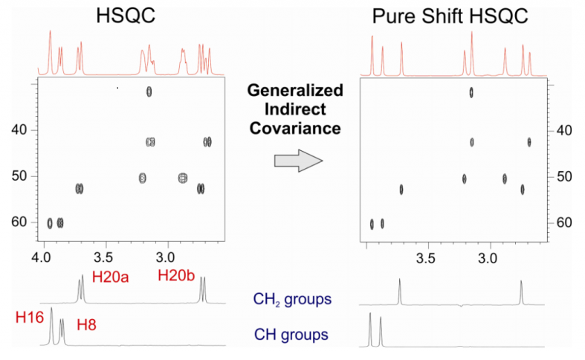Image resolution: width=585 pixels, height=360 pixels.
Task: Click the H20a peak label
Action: [111, 277]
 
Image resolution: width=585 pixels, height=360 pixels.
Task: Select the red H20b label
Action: [176, 275]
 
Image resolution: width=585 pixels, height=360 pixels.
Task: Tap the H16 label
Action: [30, 318]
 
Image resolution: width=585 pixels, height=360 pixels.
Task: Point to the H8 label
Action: [86, 325]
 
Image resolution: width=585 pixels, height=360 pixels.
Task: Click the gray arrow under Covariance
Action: [299, 161]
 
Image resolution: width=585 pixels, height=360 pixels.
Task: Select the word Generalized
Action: [295, 91]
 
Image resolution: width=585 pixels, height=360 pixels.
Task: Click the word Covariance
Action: [295, 129]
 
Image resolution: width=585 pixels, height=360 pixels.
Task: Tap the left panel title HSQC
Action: [126, 16]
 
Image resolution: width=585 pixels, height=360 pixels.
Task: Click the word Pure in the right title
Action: [395, 16]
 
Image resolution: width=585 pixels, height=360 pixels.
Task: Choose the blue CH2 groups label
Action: [292, 300]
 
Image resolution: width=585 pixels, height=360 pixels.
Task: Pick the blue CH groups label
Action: [291, 335]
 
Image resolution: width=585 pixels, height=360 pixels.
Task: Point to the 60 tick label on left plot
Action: [19, 222]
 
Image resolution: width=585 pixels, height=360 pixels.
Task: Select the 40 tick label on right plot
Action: [564, 130]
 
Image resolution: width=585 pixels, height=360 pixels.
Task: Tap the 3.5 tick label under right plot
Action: [426, 258]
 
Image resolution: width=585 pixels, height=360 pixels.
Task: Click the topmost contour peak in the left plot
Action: [149, 91]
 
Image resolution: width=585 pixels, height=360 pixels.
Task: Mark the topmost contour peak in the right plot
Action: [471, 92]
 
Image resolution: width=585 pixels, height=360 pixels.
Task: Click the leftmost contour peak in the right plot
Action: [372, 224]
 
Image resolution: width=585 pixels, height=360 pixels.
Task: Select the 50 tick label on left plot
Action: [19, 176]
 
